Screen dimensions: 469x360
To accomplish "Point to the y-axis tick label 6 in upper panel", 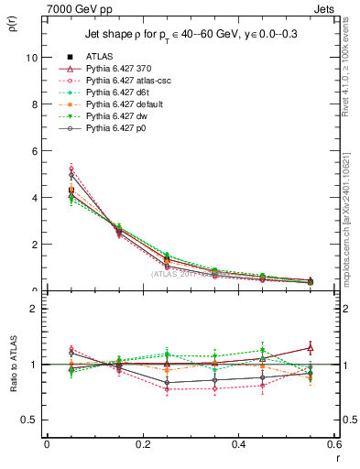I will tap(34, 150).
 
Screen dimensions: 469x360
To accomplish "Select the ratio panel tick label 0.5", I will tap(30, 420).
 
